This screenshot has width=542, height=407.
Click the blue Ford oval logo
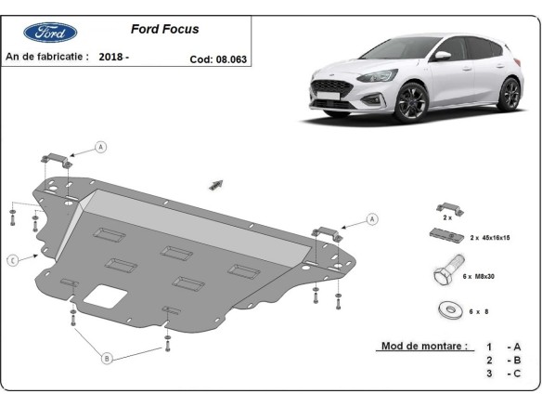[44, 33]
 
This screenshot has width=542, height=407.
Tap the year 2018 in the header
[116, 57]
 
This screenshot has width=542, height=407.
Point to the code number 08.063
[237, 58]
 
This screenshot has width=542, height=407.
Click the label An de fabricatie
[46, 57]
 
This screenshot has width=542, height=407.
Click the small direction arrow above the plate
[218, 184]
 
